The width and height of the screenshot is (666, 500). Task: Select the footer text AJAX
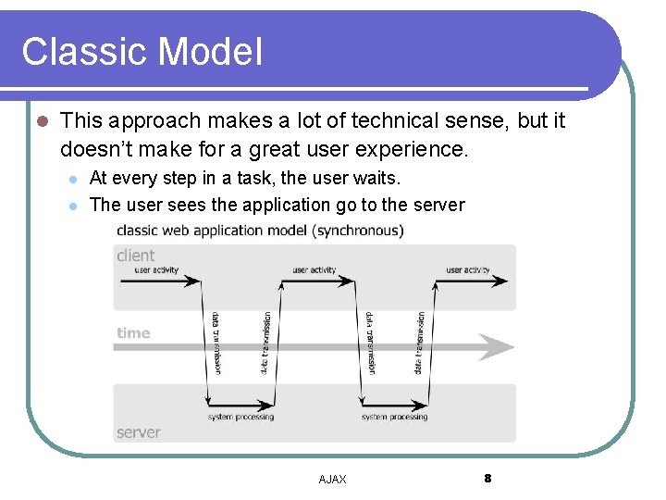(332, 479)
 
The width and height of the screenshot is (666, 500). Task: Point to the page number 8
(487, 478)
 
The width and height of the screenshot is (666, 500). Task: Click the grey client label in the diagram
(136, 256)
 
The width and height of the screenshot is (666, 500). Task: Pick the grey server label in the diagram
(139, 432)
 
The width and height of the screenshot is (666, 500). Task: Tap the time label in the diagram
(133, 333)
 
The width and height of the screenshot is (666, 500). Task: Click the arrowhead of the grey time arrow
(500, 347)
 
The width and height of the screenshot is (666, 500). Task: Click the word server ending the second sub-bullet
(438, 205)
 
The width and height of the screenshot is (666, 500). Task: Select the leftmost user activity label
(157, 270)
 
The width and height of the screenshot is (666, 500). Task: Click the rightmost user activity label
(468, 270)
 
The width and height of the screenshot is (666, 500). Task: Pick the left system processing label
(240, 417)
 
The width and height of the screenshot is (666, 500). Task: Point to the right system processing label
(395, 417)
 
